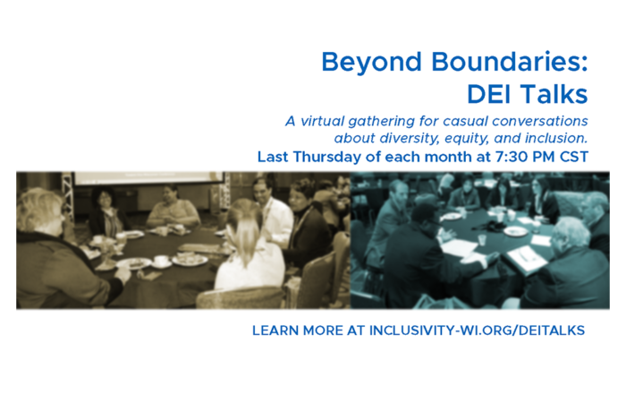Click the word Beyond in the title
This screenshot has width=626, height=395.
click(x=371, y=64)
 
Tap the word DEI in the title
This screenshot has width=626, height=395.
click(x=492, y=94)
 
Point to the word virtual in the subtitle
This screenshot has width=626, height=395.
click(x=322, y=121)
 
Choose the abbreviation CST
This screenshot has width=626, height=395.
click(x=574, y=157)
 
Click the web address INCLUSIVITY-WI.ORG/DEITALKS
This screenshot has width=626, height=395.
click(x=477, y=331)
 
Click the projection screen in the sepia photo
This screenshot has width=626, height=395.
click(x=148, y=178)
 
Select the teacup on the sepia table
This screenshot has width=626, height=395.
click(x=161, y=262)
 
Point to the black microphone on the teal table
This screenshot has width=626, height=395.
click(x=492, y=227)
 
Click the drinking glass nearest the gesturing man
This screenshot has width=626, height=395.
click(x=482, y=240)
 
